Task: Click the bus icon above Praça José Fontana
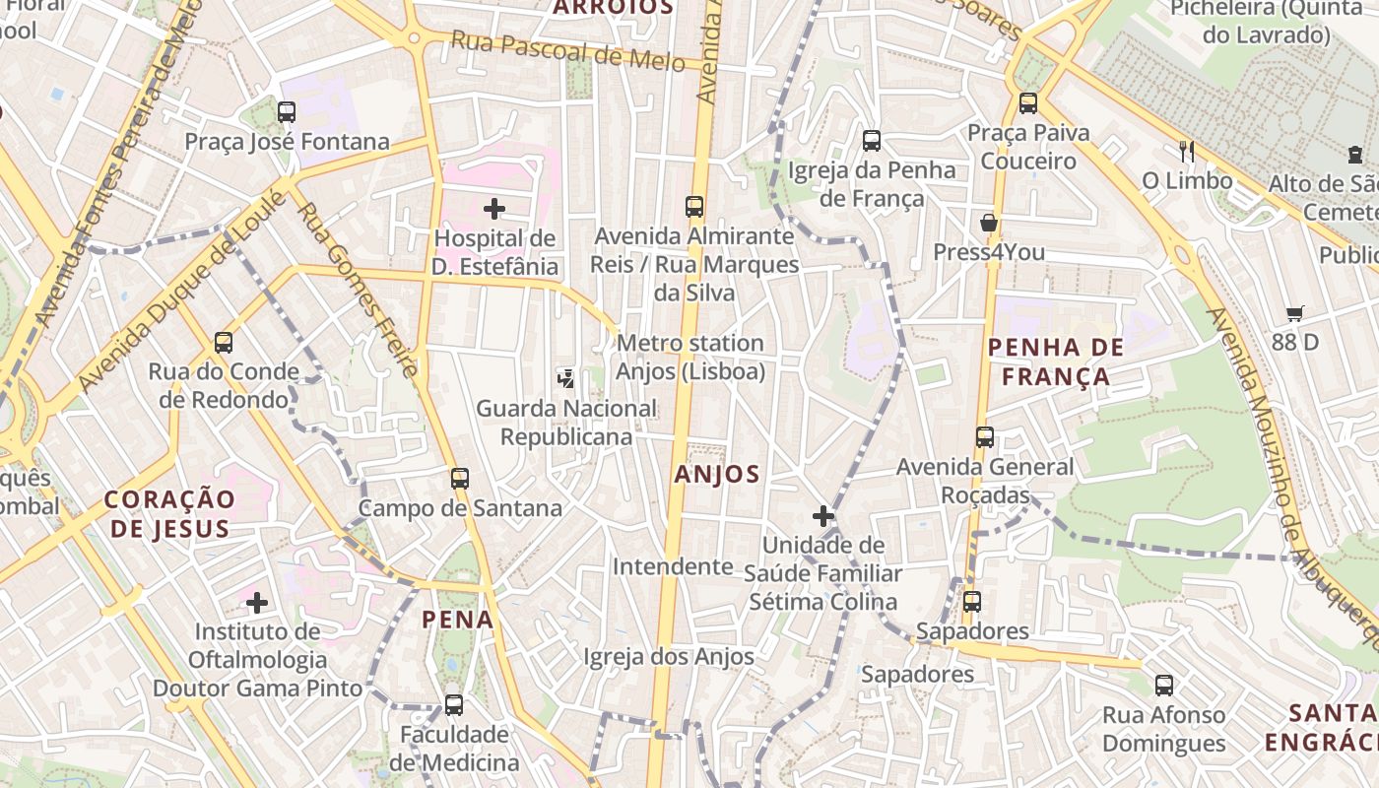coord(287,112)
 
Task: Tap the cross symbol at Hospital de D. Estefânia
coord(494,209)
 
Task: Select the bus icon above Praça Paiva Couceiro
coord(1028,102)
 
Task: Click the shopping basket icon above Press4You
coord(989,223)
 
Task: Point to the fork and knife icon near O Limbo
coord(1187,151)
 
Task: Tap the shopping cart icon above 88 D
coord(1295,313)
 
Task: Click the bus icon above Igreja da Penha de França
coord(872,141)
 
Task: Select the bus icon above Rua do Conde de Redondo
coord(224,343)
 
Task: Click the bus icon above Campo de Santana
coord(460,479)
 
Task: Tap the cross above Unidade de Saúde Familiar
coord(823,515)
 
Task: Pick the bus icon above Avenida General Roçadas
coord(985,437)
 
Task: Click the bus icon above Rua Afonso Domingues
coord(1164,686)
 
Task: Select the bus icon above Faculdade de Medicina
coord(454,705)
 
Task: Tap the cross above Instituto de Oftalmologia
coord(257,602)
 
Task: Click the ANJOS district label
coord(717,474)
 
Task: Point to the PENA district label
coord(457,620)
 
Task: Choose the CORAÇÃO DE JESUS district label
coord(169,513)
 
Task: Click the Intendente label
coord(673,566)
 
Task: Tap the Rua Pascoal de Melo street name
coord(567,51)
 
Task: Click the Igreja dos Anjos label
coord(669,656)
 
